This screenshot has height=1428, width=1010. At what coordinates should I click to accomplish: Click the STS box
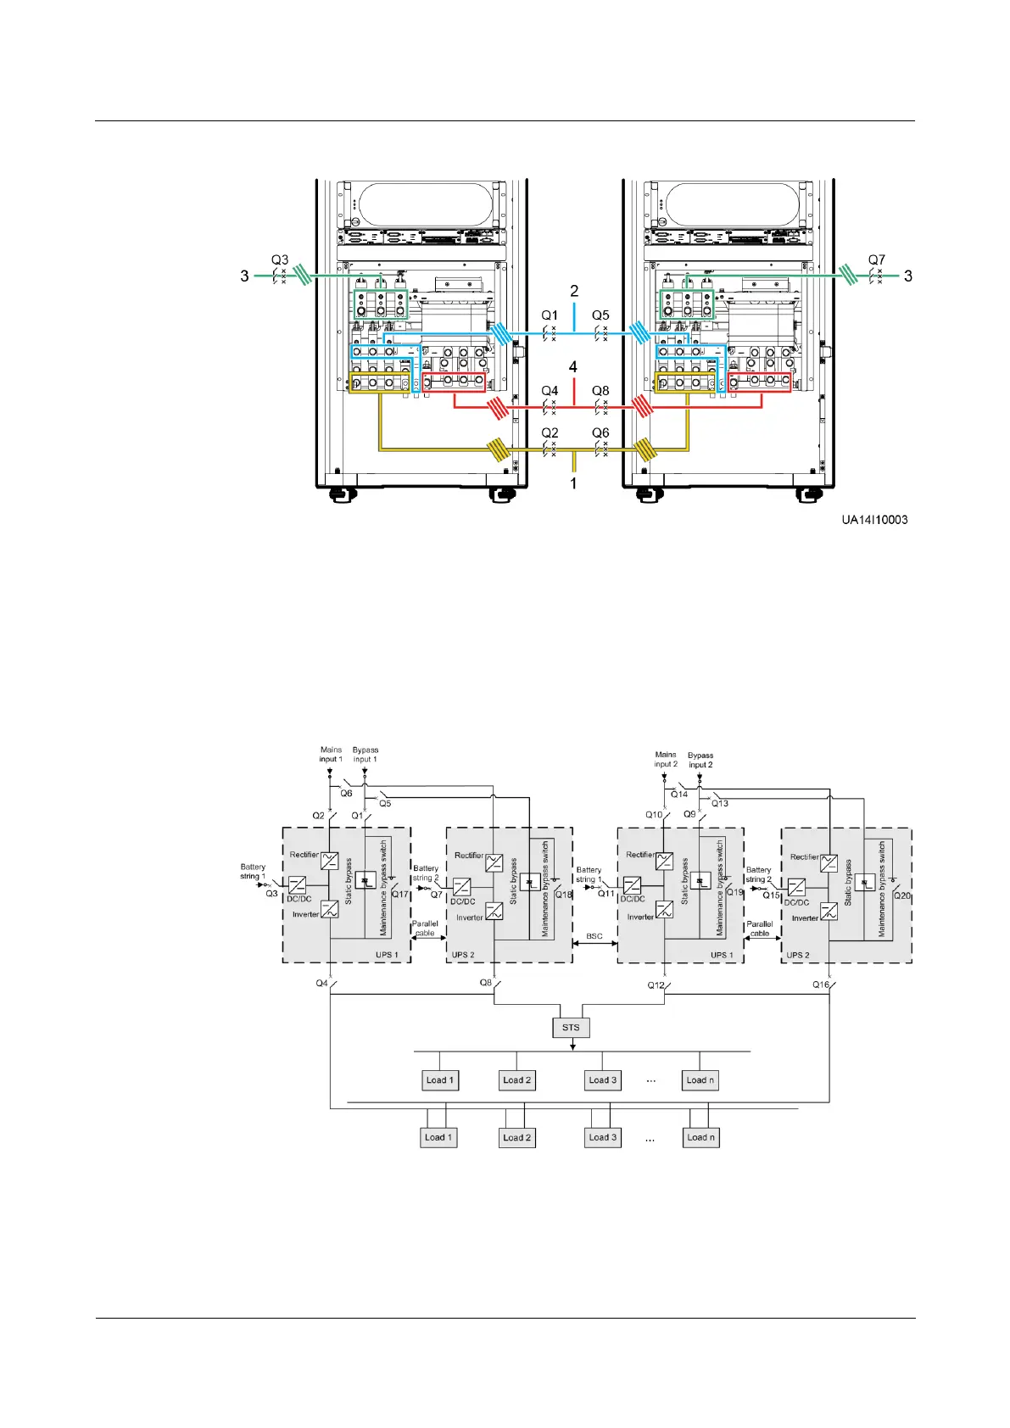pos(571,1028)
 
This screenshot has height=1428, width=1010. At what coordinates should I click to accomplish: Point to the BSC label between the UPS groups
pos(594,936)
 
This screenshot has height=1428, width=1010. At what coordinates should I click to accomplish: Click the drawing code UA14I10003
pos(874,520)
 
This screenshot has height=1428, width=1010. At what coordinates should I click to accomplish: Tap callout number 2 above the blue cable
pos(574,291)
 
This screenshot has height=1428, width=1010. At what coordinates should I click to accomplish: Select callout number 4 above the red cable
pos(573,367)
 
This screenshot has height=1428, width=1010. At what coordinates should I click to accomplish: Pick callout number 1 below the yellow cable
pos(573,483)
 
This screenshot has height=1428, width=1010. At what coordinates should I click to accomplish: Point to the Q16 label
pos(821,985)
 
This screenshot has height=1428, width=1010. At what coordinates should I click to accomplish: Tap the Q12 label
pos(656,985)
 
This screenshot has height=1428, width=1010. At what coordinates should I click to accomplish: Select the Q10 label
pos(653,814)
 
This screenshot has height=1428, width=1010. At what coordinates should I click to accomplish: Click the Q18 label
pos(563,895)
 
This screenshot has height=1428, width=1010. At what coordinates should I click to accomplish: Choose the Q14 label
pos(679,795)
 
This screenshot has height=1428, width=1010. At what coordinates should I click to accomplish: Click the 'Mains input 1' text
pos(331,754)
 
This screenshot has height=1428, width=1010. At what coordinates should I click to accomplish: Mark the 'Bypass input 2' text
pos(700,760)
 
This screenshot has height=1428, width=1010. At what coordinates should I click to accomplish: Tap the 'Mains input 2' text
pos(666,759)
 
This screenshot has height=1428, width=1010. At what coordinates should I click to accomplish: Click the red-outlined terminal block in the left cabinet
pos(454,382)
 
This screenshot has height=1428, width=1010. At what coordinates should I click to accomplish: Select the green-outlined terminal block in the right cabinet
pos(687,304)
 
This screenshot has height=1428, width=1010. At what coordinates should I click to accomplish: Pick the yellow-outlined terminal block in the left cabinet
pos(379,383)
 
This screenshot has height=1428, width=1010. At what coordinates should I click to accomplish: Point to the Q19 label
pos(734,892)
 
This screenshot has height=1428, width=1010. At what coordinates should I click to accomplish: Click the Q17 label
pos(399,895)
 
